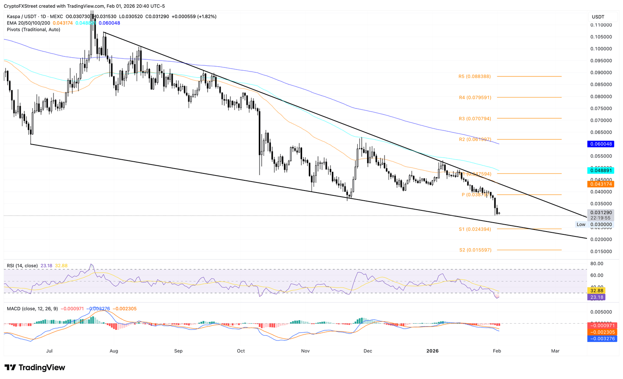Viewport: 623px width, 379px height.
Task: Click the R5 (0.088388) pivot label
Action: tap(475, 76)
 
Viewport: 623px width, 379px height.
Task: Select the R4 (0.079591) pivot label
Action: tap(475, 97)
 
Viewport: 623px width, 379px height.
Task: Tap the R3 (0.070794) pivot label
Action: tap(475, 119)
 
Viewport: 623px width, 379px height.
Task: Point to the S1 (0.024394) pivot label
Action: tap(475, 229)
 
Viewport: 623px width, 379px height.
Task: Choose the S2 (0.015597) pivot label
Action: tap(475, 250)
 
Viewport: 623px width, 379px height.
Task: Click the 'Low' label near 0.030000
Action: tap(581, 224)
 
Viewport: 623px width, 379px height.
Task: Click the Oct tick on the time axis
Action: tap(241, 351)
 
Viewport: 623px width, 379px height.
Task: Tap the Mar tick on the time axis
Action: tap(555, 351)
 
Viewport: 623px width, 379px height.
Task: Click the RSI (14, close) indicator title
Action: tap(22, 266)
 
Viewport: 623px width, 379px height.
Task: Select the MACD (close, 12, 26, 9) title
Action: tap(32, 309)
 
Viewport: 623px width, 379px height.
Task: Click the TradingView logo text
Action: tap(35, 368)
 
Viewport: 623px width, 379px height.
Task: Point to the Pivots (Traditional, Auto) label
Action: tap(33, 30)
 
